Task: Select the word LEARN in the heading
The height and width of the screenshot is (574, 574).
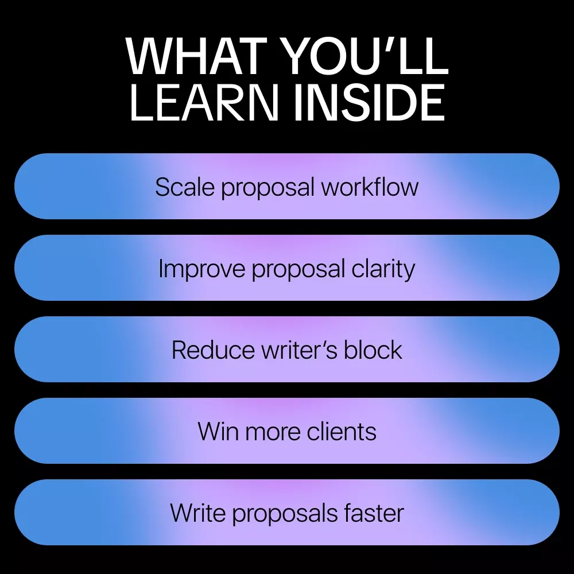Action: click(x=204, y=102)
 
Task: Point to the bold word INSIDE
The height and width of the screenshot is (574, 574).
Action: click(x=369, y=102)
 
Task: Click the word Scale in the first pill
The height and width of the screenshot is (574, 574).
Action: click(x=185, y=187)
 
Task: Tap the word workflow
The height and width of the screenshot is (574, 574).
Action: click(x=370, y=187)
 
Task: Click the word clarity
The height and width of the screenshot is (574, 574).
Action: click(x=383, y=269)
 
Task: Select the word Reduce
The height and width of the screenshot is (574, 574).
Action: click(x=213, y=350)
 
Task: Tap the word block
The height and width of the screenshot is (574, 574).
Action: click(x=373, y=350)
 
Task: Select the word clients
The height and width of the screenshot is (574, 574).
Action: click(x=342, y=431)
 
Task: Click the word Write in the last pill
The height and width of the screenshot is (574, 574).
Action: click(x=198, y=513)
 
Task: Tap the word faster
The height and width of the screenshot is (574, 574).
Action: click(x=374, y=513)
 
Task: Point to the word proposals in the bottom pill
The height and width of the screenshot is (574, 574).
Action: click(x=285, y=514)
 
